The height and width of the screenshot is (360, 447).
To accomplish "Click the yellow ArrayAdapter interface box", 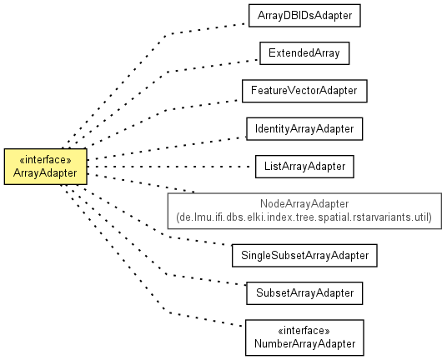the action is coord(46,167).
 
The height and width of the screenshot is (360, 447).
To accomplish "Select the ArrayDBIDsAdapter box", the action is coord(304,16).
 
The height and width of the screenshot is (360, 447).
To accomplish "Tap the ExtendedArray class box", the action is coord(304,53).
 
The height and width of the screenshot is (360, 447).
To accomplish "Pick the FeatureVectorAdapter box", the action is coord(304,91).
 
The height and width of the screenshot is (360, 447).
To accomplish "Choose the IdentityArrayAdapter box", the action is coord(304,128).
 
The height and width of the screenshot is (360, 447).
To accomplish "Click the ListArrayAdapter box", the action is coord(304,167).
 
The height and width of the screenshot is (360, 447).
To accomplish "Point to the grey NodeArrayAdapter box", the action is coord(304,211).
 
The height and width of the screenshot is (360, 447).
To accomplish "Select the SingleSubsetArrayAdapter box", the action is coord(304,256).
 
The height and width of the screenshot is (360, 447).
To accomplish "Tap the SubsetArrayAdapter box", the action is coord(304,293).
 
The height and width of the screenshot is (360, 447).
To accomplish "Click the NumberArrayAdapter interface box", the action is coord(304,337).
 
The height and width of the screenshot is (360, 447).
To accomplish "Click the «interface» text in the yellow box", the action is coord(46,160).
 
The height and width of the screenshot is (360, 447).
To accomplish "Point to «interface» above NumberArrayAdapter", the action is coord(304,331).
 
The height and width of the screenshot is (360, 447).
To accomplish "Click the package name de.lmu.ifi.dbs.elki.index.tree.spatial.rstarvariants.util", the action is coord(304,217).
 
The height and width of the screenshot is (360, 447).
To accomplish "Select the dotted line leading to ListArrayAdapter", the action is coord(168,167).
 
